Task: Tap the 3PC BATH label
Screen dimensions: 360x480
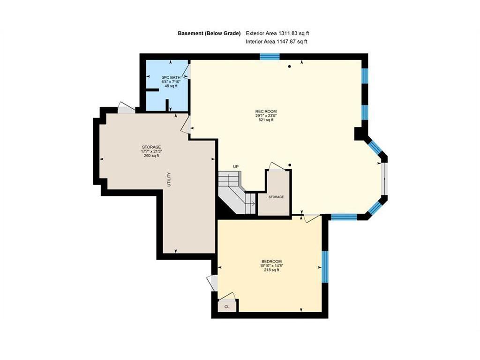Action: tap(171, 77)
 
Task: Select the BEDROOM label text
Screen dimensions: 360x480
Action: tap(271, 261)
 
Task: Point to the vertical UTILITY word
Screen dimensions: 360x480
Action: tap(169, 180)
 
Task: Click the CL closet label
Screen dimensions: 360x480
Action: tap(227, 307)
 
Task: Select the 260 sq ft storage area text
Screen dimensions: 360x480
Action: tap(151, 156)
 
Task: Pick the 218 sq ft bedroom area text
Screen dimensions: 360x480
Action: tap(271, 270)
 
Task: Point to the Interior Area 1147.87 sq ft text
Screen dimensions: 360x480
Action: tap(277, 42)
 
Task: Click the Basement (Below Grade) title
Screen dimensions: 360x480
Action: tap(209, 33)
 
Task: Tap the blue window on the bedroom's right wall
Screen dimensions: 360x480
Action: tap(324, 266)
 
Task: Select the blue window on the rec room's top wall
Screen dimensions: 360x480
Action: tap(270, 57)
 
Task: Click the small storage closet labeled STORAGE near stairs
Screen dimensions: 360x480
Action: tap(276, 197)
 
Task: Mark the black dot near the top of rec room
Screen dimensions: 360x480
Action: tap(290, 67)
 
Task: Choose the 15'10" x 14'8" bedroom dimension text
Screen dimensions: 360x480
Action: tap(271, 266)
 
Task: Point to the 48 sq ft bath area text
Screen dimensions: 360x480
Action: tap(171, 86)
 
